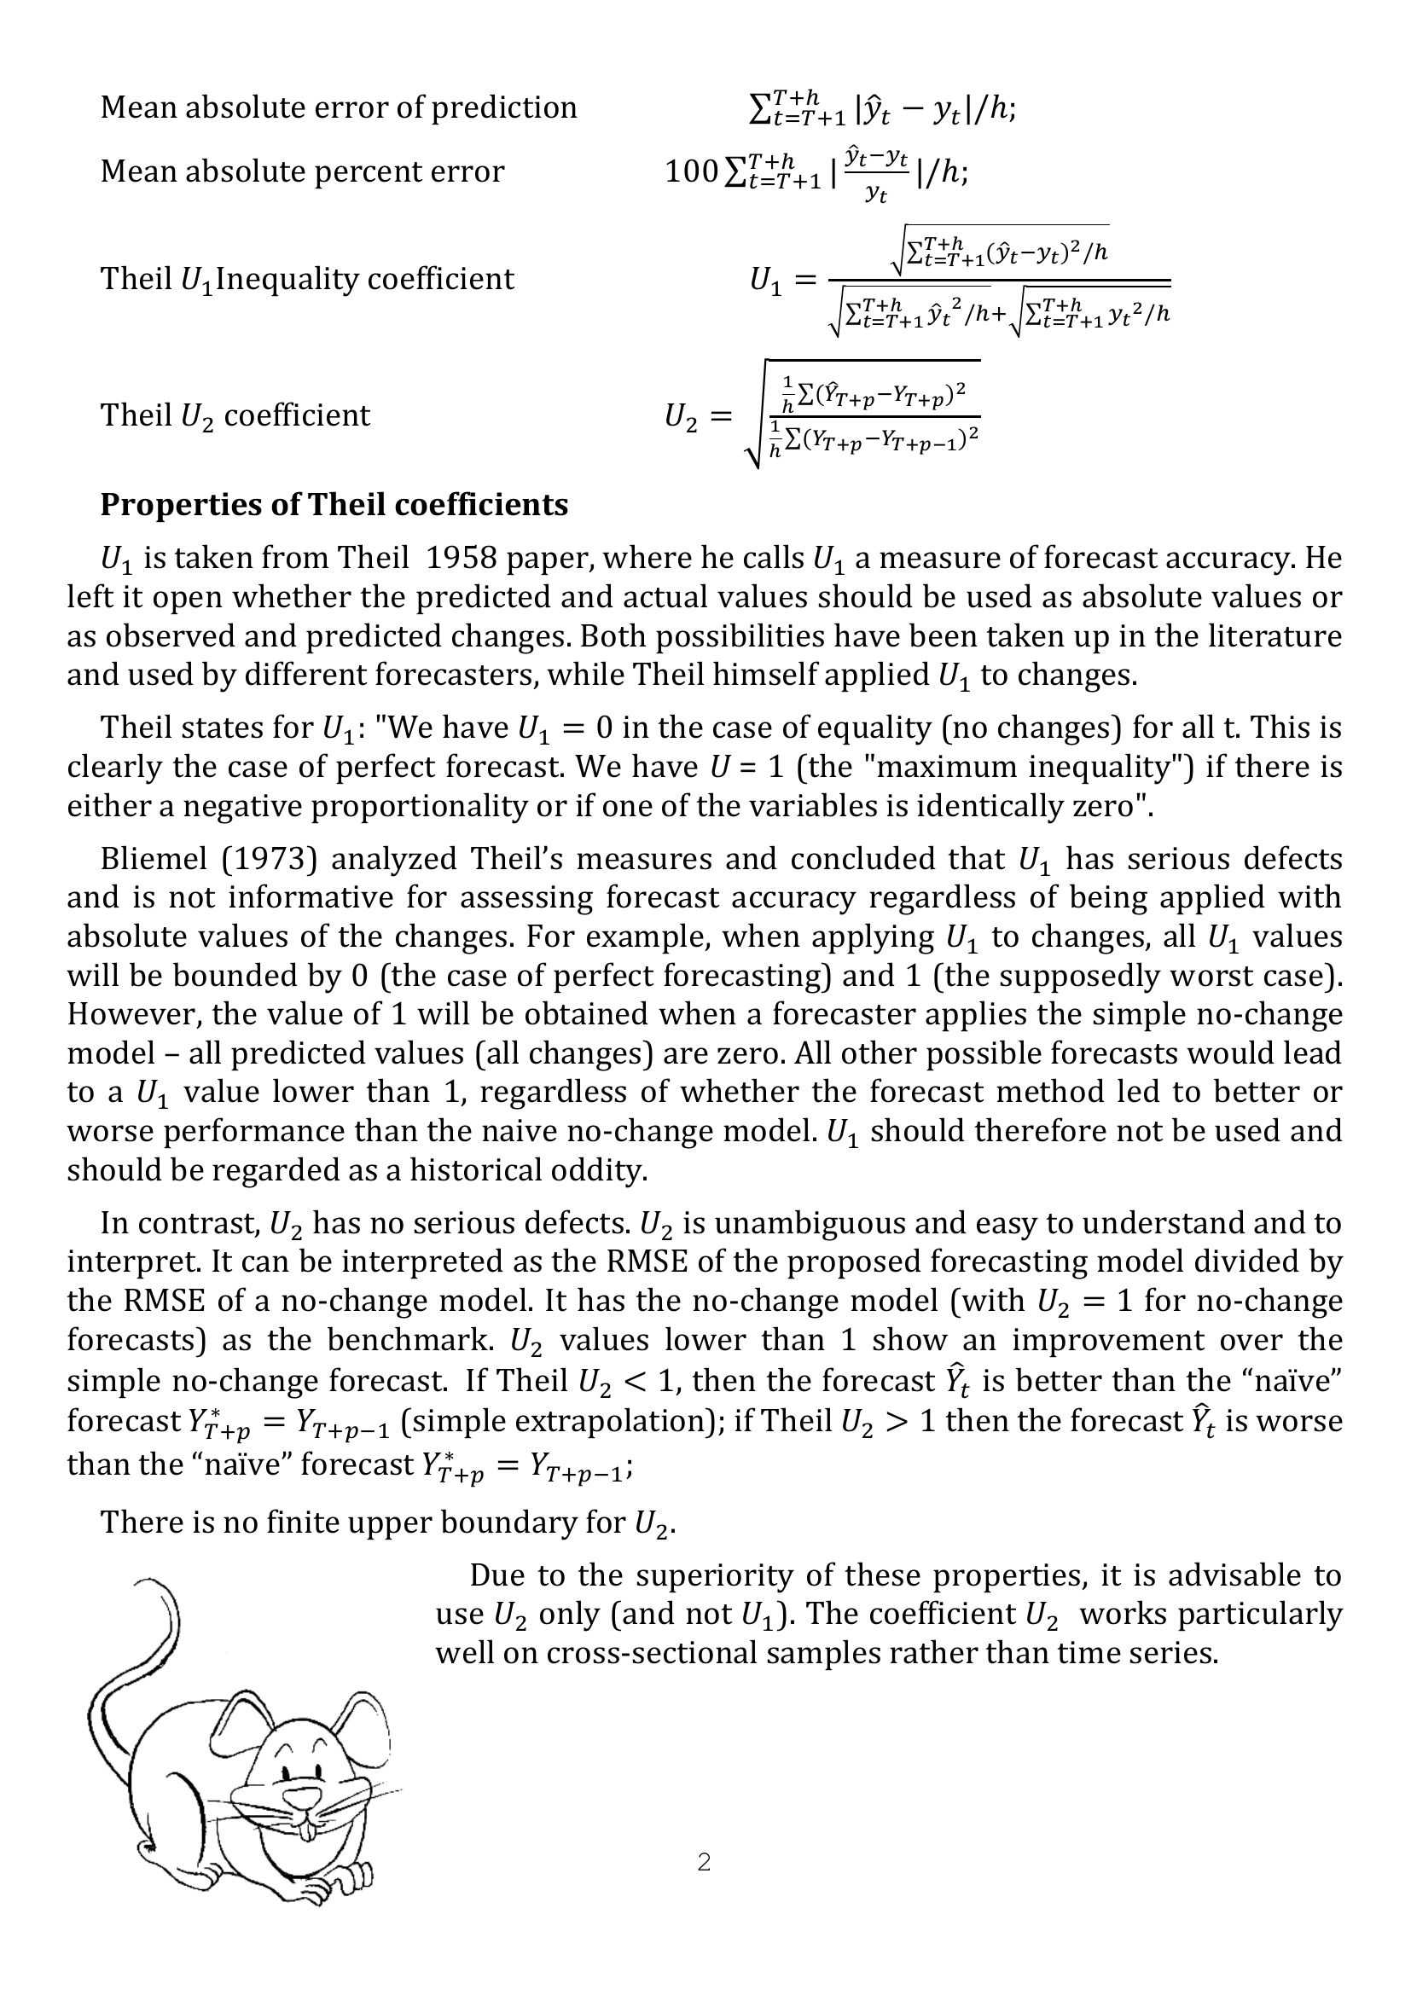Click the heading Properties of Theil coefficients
(334, 505)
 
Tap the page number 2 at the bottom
(704, 1861)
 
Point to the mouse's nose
(299, 1795)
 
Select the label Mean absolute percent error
(301, 171)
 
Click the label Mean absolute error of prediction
(338, 107)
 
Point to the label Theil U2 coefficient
(235, 415)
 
